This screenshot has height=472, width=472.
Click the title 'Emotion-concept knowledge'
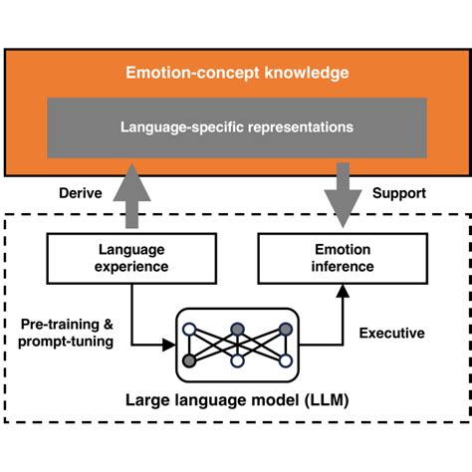click(236, 73)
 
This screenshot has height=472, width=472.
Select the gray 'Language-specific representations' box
click(236, 127)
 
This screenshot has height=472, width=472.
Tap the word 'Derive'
click(80, 193)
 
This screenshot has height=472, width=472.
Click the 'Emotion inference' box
click(344, 259)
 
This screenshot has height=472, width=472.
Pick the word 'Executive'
click(391, 333)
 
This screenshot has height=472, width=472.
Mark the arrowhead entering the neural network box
click(169, 346)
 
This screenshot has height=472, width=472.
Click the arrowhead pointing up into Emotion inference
click(344, 289)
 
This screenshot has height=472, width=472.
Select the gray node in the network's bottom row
click(189, 359)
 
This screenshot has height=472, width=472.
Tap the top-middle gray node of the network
click(237, 330)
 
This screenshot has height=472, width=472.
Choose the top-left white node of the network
click(189, 330)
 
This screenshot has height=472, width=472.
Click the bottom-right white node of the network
click(286, 359)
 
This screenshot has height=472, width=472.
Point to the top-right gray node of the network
click(286, 330)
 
